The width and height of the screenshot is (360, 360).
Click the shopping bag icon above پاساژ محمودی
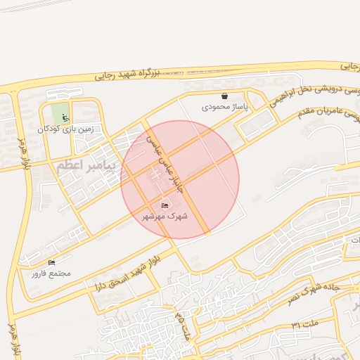coord(224,96)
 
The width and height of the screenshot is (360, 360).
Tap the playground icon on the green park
coord(65,117)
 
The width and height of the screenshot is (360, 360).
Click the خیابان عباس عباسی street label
coord(161,158)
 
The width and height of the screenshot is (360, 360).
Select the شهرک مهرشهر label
coord(165,216)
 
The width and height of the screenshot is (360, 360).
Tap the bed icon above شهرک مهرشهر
coord(165,205)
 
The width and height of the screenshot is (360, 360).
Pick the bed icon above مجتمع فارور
coord(51,262)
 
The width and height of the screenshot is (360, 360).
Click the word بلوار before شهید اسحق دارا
coord(145,263)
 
